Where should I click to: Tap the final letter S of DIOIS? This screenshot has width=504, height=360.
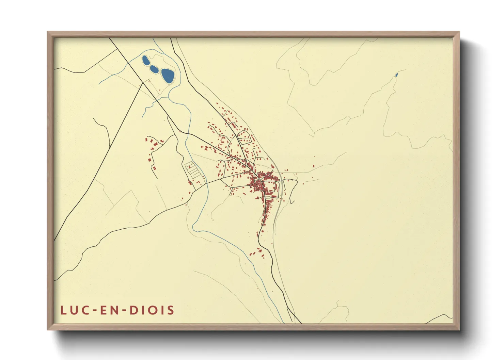pos(171,310)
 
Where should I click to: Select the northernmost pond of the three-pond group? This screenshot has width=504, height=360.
pos(145,61)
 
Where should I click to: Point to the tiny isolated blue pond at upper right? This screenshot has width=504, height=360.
pos(396,75)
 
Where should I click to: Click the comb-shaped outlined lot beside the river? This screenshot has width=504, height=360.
pos(193,170)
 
